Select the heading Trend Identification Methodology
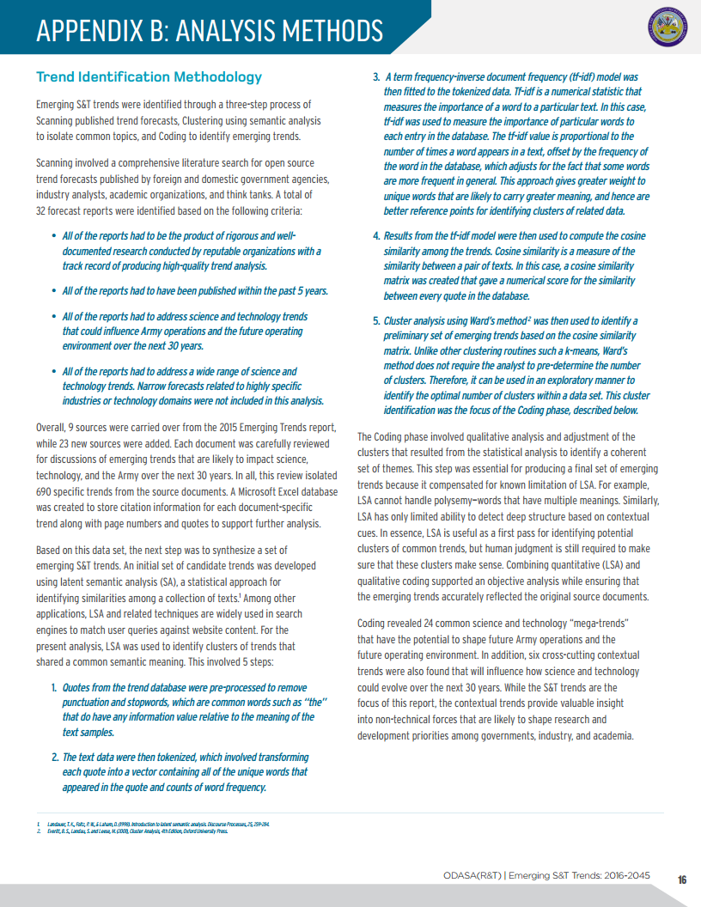pos(149,77)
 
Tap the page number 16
pos(681,879)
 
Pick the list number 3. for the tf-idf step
pos(376,76)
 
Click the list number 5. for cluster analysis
pos(376,321)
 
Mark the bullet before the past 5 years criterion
pos(54,290)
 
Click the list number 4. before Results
pos(376,235)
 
